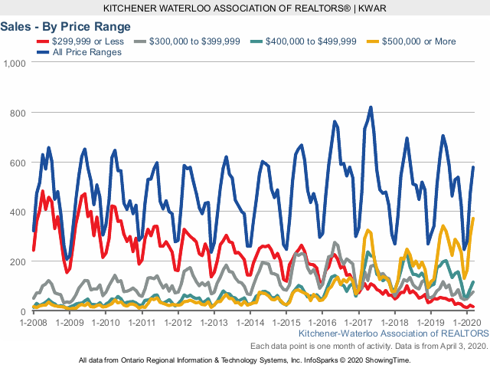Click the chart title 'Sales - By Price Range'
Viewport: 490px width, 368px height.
pos(55,26)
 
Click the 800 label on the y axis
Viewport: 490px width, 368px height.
pos(18,113)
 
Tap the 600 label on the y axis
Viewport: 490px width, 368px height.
pos(18,163)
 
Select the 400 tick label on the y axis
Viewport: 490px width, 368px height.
pos(18,212)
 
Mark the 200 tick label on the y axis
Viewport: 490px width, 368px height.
pos(18,262)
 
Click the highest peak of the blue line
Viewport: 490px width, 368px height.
pos(371,107)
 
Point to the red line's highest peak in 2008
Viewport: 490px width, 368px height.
pos(42,191)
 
